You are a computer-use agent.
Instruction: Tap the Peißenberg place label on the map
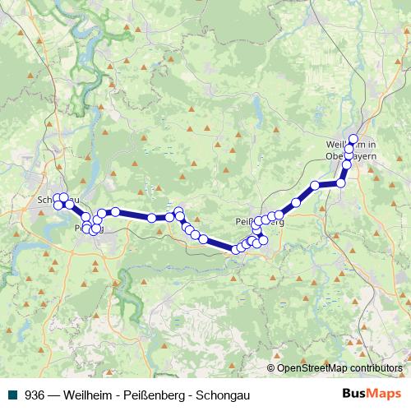259,222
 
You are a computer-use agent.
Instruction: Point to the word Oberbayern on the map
351,155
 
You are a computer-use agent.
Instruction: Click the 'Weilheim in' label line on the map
350,145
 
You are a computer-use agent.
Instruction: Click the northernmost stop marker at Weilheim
354,139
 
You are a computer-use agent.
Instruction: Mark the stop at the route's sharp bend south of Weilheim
342,183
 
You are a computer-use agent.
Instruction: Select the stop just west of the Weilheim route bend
315,186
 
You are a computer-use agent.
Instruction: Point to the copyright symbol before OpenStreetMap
271,367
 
